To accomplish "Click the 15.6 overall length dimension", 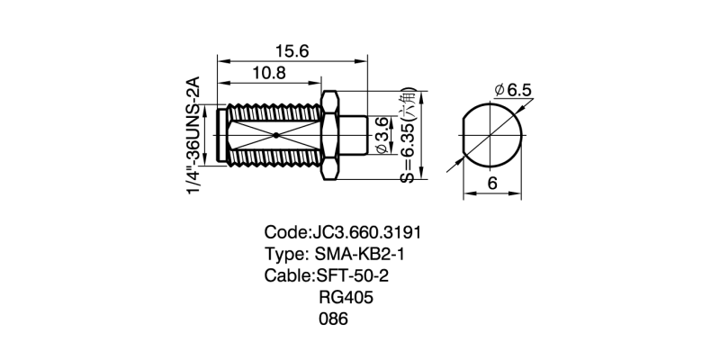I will point(291,52).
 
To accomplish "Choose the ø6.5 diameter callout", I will point(514,90).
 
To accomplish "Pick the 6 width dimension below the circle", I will point(492,183).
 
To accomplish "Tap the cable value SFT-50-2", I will point(352,274).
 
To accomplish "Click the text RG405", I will point(346,297).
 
